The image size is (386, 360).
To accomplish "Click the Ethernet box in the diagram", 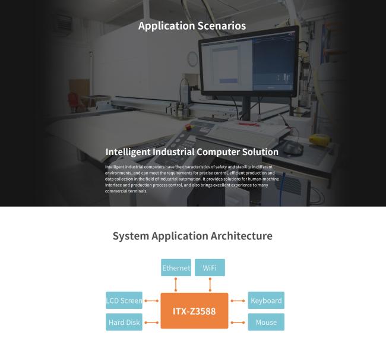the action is click(176, 267).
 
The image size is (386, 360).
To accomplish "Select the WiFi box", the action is click(210, 267).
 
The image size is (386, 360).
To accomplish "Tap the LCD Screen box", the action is click(124, 300).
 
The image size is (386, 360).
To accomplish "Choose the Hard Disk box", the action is click(124, 322).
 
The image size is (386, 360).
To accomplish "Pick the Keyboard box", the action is click(266, 300).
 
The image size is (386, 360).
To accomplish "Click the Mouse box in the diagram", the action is click(266, 322).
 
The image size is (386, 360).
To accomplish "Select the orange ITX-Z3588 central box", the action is click(194, 311).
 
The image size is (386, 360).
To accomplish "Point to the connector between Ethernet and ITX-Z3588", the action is click(176, 285).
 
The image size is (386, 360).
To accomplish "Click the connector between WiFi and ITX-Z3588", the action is click(210, 285).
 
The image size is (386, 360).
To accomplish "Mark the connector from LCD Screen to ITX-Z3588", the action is click(151, 301).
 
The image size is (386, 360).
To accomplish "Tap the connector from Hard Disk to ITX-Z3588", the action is click(151, 323).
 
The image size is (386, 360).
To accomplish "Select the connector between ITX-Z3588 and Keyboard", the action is click(238, 301).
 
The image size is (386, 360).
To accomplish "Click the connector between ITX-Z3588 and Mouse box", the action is click(238, 323).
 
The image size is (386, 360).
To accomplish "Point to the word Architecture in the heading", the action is click(241, 236).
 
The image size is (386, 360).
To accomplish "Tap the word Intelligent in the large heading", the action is click(128, 152).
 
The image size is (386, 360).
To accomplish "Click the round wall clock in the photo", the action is click(192, 59).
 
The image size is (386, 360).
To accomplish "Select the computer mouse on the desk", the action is click(292, 149).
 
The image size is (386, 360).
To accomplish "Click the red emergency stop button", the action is click(188, 127).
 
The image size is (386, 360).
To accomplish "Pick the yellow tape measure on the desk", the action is click(318, 138).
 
